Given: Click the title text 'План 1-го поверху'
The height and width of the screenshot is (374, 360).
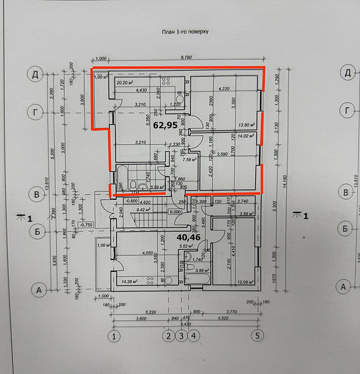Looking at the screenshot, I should click(x=185, y=32).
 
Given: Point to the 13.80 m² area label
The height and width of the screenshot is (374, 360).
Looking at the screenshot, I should click(x=247, y=126).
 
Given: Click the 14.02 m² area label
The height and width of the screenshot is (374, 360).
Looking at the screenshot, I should click(x=247, y=135).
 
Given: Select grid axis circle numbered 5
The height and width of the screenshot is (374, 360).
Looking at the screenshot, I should click(x=256, y=335).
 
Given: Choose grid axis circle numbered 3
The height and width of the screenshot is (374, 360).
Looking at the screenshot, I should click(x=181, y=335).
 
